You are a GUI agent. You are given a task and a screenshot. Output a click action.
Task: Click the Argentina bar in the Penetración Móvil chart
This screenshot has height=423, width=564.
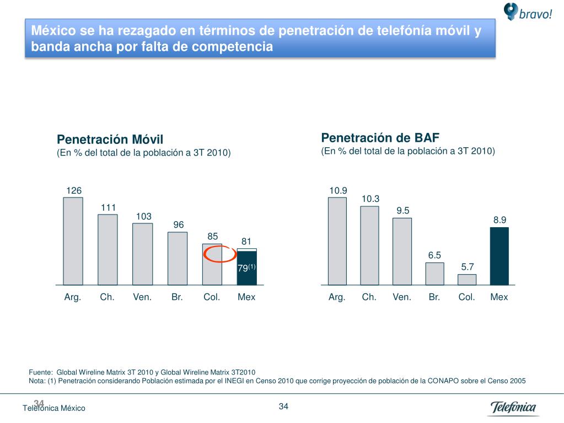(x=73, y=240)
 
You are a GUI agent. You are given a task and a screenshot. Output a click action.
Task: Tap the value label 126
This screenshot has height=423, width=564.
(x=74, y=190)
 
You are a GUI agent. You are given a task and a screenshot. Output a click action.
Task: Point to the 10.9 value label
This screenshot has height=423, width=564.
(x=338, y=190)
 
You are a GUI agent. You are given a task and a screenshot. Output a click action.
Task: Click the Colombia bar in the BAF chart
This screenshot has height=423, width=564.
(x=466, y=279)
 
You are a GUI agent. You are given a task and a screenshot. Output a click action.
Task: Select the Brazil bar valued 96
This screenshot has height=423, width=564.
(x=177, y=258)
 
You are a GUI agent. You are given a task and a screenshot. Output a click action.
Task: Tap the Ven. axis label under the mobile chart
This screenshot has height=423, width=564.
(x=142, y=297)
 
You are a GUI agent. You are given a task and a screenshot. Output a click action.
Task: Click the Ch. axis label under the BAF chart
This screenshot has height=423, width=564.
(x=369, y=297)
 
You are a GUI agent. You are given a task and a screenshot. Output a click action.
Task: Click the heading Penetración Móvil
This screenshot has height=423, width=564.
(x=111, y=139)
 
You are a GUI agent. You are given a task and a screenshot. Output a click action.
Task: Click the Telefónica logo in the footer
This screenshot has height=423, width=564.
(x=513, y=408)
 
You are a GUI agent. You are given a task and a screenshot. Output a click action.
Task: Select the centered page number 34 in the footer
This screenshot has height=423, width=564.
(x=284, y=407)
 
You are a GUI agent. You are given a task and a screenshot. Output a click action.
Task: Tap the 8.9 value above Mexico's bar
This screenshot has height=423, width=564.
(x=499, y=219)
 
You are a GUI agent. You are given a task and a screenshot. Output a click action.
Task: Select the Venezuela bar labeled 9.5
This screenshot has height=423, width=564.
(x=402, y=251)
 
